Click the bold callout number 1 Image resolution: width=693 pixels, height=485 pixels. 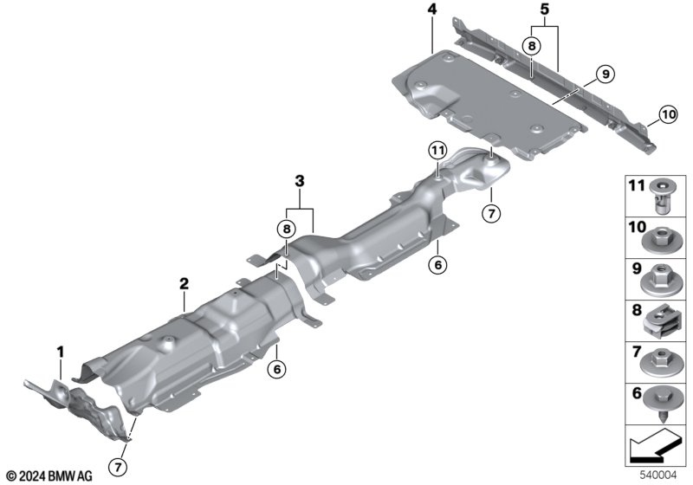tap(61, 352)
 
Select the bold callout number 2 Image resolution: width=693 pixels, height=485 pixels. tap(184, 283)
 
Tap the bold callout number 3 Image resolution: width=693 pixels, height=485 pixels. tap(300, 181)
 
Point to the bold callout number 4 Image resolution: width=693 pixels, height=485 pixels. tap(431, 10)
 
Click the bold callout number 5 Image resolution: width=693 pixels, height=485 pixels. tap(544, 9)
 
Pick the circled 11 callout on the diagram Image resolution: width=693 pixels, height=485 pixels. tap(437, 152)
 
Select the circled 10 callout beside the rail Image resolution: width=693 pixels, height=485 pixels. tap(668, 115)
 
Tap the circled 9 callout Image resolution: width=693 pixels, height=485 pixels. tap(605, 74)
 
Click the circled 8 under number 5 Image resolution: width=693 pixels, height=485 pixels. tap(531, 46)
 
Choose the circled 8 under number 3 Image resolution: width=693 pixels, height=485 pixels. tap(287, 229)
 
